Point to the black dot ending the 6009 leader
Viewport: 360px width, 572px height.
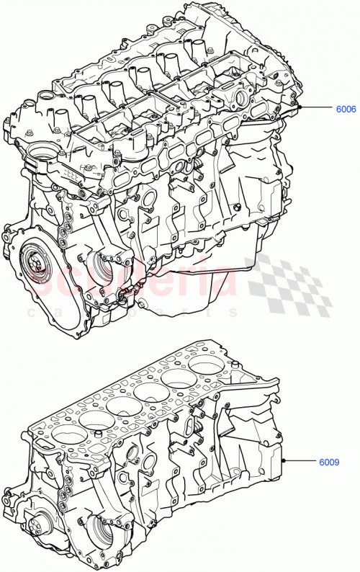click(x=285, y=460)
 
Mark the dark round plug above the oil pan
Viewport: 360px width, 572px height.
click(x=235, y=207)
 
